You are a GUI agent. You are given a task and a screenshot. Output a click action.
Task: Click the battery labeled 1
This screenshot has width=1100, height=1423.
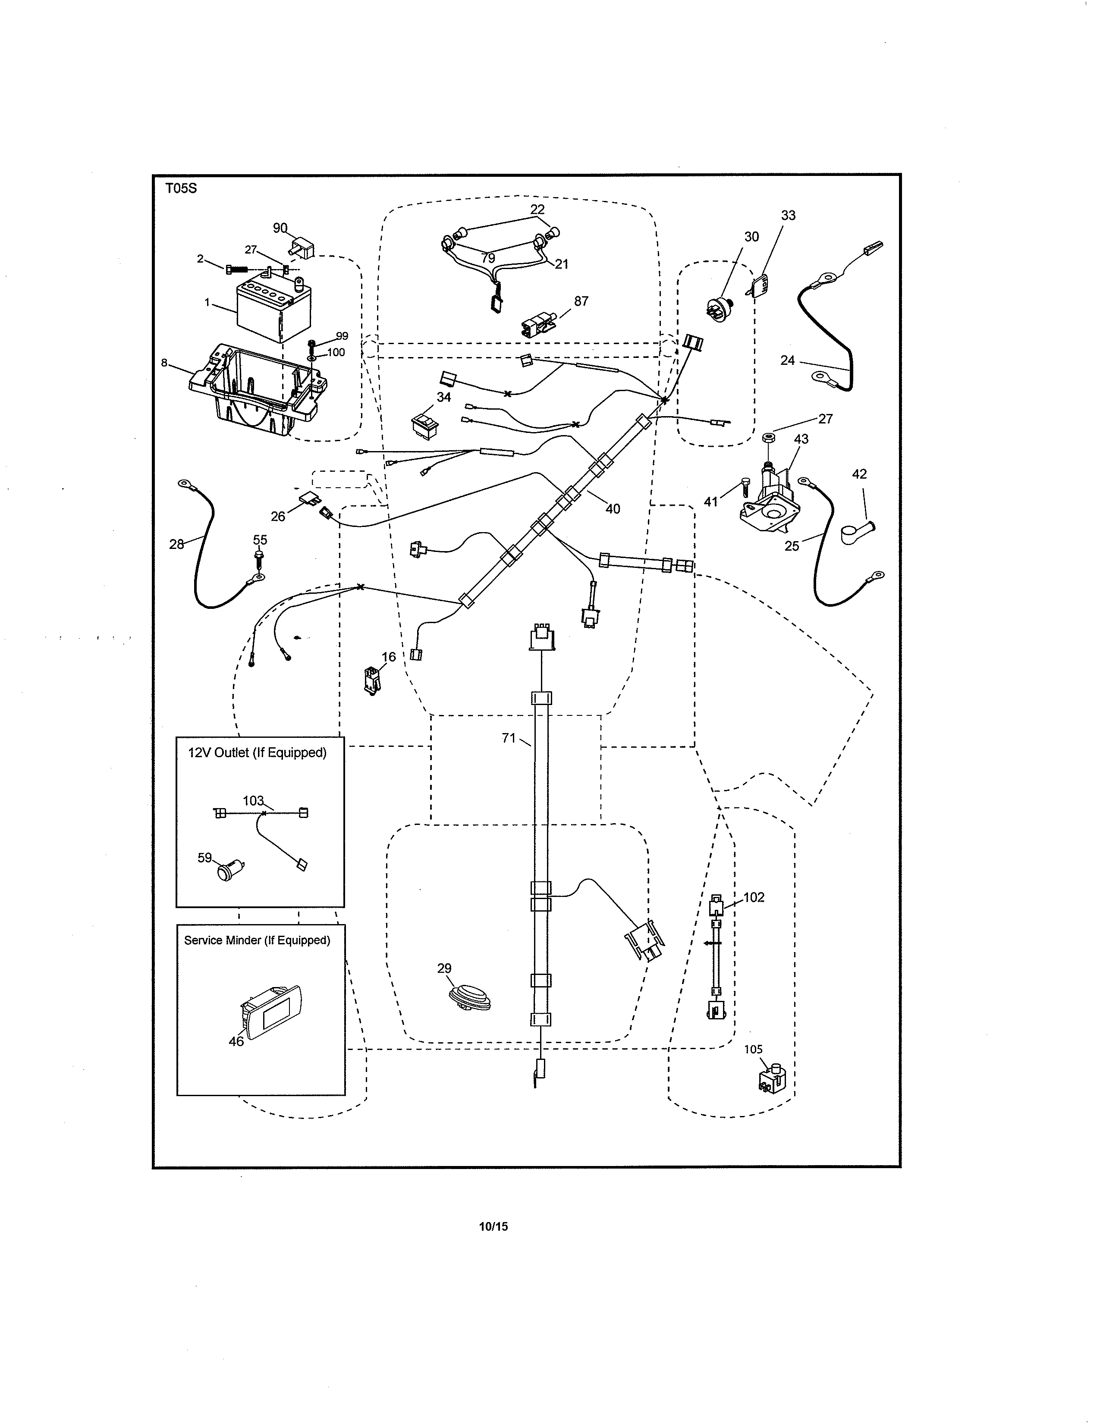(272, 307)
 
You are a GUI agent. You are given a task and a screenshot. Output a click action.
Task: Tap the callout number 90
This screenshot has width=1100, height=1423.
(280, 227)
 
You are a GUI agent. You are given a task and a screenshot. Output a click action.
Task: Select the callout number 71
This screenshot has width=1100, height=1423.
(508, 737)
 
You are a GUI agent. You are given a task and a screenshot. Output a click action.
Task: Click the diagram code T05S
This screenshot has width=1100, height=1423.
(180, 189)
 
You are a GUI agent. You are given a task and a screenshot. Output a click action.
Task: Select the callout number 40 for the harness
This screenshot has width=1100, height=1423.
(613, 508)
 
